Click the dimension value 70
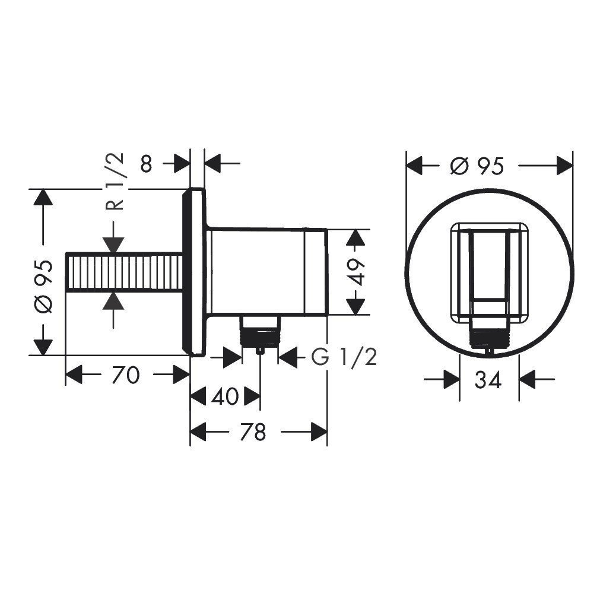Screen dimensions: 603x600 pos(125,375)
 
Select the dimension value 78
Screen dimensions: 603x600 pos(252,432)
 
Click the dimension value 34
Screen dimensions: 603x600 pos(488,379)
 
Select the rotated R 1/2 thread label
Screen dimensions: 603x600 pos(115,180)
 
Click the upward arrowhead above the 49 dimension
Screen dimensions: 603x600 pos(355,238)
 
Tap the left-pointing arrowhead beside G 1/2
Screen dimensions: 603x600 pos(288,357)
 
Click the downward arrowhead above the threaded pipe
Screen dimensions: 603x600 pos(113,245)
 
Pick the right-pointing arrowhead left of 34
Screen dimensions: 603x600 pos(450,379)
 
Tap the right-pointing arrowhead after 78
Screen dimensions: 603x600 pos(318,432)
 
